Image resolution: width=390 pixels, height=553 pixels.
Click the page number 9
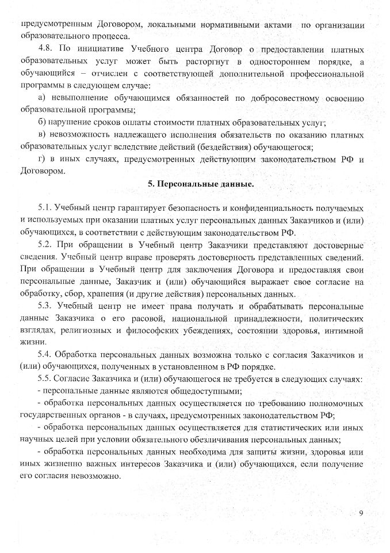[x=361, y=513]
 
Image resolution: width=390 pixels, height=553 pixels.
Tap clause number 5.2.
[x=46, y=245]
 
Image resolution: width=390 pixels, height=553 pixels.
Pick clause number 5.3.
[x=46, y=306]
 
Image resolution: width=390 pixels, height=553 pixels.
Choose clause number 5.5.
[x=46, y=379]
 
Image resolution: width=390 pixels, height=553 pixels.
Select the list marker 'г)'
[x=41, y=158]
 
